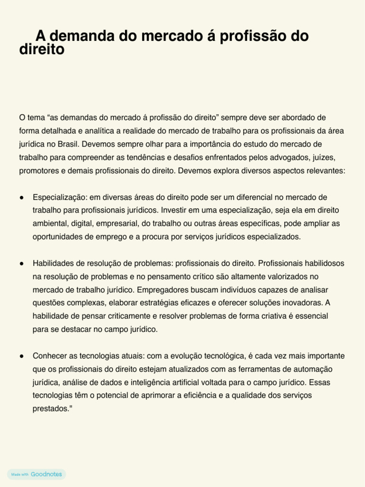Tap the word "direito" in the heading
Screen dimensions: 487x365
(41, 49)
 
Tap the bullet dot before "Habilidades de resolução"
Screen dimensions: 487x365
(22, 263)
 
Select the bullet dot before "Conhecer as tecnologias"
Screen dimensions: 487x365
(22, 356)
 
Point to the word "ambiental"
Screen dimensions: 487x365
(49, 224)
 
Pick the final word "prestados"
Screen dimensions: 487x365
(50, 409)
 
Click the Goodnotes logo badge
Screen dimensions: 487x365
(37, 474)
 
